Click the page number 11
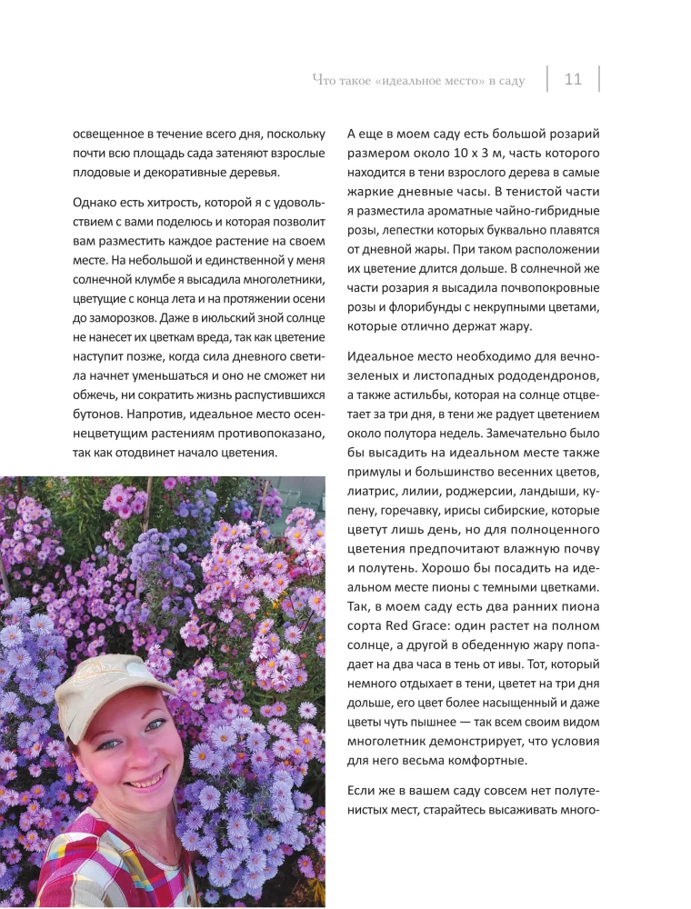573,80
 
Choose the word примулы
377,472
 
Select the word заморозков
112,319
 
